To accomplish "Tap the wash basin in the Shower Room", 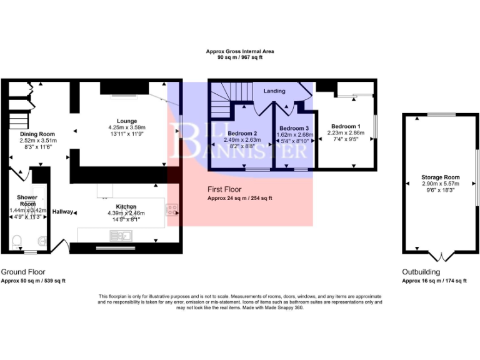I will click(x=42, y=240).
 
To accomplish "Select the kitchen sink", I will click(x=119, y=235).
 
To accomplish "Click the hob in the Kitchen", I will click(x=171, y=211).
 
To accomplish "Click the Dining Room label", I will click(x=37, y=134).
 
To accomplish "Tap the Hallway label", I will click(x=63, y=211).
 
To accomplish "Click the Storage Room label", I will click(x=440, y=176).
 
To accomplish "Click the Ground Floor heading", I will click(x=24, y=272).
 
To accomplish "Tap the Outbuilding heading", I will click(x=422, y=272).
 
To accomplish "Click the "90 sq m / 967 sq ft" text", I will click(x=240, y=57).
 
